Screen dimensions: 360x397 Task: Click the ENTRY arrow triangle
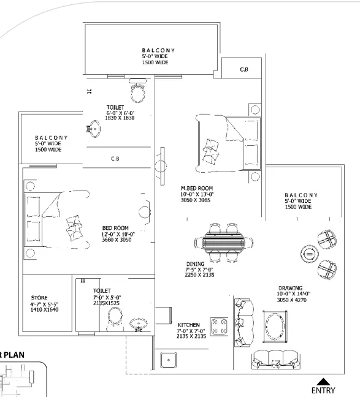(323, 382)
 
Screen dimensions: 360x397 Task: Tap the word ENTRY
(323, 390)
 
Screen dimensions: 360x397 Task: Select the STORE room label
(39, 298)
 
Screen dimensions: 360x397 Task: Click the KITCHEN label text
(189, 325)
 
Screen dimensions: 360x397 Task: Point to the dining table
(224, 242)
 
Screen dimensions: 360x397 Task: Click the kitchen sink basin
(169, 360)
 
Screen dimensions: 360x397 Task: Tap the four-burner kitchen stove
(219, 327)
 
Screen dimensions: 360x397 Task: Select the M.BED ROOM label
(197, 188)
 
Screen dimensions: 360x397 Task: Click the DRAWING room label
(291, 288)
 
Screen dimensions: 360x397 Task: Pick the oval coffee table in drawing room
(275, 327)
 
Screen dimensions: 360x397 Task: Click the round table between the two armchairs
(310, 254)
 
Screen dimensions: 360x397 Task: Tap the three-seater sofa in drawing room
(276, 360)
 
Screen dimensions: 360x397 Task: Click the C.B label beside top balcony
(244, 69)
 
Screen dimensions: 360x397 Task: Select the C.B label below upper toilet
(115, 159)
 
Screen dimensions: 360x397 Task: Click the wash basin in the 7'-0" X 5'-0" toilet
(139, 324)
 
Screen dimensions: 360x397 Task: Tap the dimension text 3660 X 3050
(117, 240)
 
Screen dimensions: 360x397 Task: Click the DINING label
(196, 264)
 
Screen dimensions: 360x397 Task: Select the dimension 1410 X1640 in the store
(45, 309)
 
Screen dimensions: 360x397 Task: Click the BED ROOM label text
(115, 228)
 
